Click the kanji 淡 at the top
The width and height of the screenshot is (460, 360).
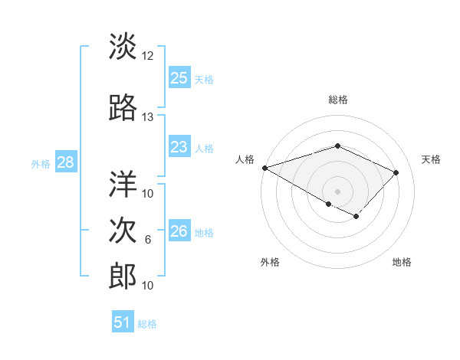123,47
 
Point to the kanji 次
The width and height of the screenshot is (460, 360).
123,231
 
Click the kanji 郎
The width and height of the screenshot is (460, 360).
123,276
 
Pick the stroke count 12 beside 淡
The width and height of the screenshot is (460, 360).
148,57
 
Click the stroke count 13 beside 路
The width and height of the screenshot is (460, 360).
148,117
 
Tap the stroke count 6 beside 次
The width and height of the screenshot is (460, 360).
148,241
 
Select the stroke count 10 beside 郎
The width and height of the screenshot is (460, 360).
148,286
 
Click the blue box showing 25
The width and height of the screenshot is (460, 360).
179,77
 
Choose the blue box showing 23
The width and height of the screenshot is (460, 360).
179,147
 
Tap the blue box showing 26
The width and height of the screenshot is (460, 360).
179,231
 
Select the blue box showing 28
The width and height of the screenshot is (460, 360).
65,162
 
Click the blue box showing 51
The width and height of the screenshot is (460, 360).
122,322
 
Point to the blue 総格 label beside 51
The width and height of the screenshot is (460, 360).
147,324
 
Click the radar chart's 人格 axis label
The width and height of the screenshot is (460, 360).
245,159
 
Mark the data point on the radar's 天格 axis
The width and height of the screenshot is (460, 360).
396,172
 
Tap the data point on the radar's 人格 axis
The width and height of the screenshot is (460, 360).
264,167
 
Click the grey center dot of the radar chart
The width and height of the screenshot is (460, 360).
337,191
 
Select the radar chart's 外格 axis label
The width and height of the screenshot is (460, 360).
270,262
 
